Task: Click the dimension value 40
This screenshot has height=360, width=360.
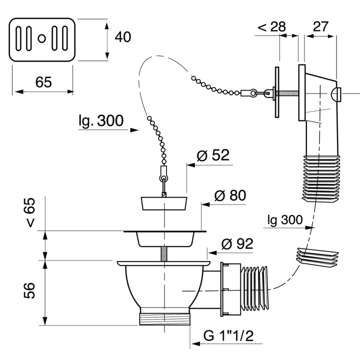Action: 123,37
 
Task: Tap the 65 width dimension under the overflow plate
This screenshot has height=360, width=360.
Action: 43,82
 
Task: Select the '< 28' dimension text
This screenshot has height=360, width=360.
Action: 271,26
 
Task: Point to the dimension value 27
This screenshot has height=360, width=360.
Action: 320,26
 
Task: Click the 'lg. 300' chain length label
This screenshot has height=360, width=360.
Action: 101,120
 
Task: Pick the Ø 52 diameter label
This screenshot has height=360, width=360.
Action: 213,155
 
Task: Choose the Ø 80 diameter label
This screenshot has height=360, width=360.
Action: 230,195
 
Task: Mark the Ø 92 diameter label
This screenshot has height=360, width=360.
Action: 237,243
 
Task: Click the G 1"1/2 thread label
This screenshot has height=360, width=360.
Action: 228,335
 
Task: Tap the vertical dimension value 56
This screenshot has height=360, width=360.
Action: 29,290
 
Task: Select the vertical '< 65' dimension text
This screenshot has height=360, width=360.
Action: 30,212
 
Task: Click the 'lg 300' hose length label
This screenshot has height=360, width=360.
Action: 285,220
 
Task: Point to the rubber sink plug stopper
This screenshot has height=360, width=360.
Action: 164,203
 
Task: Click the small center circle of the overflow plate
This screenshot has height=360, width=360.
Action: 42,38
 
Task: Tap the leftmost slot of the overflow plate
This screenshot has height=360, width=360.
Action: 18,38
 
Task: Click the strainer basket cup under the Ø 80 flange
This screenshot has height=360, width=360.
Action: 165,239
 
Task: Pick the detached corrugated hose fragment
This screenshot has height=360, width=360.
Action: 318,257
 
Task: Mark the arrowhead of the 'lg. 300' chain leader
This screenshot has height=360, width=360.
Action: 134,130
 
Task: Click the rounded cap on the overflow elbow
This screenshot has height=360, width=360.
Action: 335,94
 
